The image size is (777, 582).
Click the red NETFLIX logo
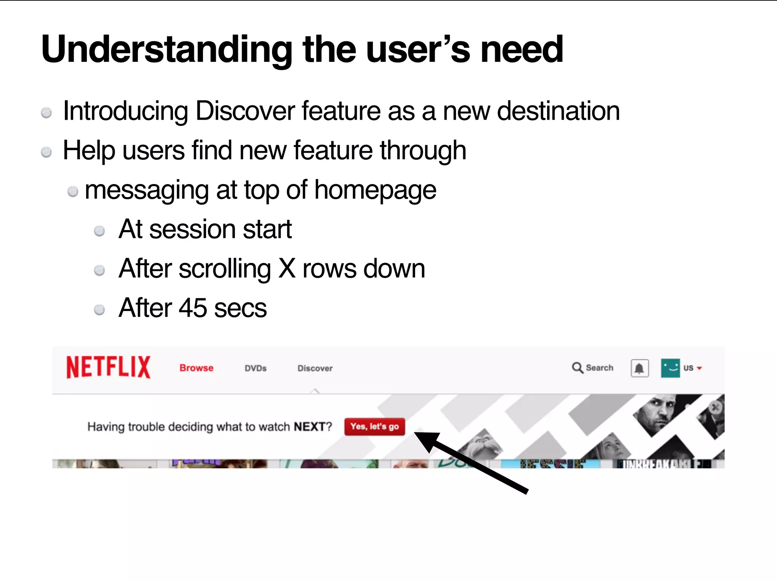click(x=109, y=367)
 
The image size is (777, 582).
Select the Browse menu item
click(x=196, y=368)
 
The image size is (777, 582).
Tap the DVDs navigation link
click(x=255, y=368)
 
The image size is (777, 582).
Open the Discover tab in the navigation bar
click(x=315, y=368)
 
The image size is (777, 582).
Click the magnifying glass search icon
click(x=577, y=368)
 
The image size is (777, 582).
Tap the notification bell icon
click(x=639, y=368)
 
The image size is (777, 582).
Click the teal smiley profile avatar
click(x=670, y=368)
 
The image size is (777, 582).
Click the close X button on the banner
click(x=716, y=408)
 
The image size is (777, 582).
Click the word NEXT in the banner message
click(x=310, y=427)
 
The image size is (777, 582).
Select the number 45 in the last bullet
click(x=193, y=308)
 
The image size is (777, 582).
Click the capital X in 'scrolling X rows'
click(x=287, y=269)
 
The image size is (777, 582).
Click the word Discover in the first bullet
click(x=245, y=111)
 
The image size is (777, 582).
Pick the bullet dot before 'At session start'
click(x=99, y=231)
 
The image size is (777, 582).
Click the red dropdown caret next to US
click(x=699, y=368)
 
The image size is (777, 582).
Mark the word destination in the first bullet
click(x=558, y=111)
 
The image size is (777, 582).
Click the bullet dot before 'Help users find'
click(x=46, y=152)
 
